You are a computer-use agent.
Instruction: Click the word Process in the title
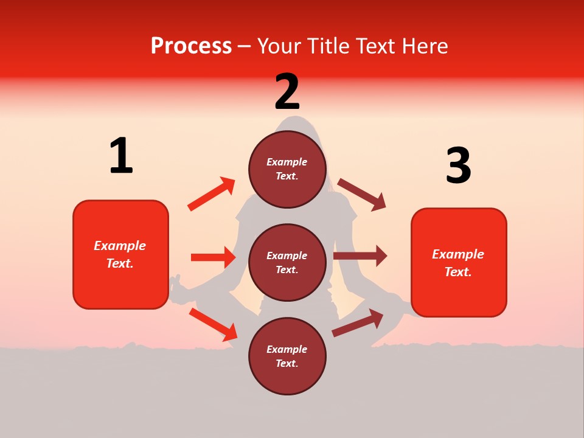191,46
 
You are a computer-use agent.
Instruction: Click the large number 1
121,156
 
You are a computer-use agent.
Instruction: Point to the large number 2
287,92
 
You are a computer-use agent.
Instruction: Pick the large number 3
458,166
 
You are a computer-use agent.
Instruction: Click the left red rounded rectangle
120,254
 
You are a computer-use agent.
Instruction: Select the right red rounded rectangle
459,262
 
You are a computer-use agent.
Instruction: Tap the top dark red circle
287,169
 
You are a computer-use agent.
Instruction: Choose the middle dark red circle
287,262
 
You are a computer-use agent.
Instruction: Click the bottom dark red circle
287,356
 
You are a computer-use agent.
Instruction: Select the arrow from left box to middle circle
213,257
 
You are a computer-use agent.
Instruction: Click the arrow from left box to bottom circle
213,324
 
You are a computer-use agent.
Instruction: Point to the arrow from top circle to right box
362,195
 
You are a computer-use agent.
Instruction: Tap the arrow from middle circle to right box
360,256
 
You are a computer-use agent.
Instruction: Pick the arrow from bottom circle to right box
358,323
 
